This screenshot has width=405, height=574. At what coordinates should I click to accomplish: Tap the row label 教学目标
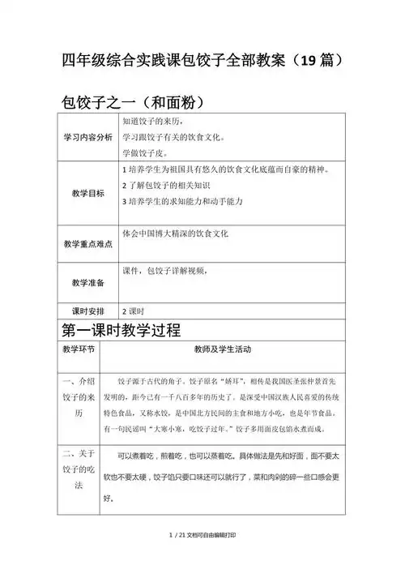pyautogui.click(x=88, y=192)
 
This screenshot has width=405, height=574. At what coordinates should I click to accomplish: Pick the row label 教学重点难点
pyautogui.click(x=88, y=244)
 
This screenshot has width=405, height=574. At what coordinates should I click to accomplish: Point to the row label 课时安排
pyautogui.click(x=88, y=311)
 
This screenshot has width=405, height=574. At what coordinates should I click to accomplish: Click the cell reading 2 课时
pyautogui.click(x=132, y=311)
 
